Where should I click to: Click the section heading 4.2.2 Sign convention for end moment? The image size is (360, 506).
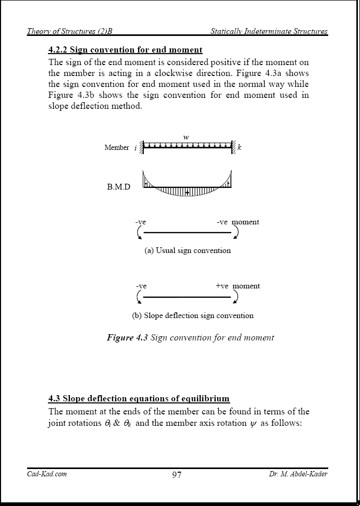pos(125,50)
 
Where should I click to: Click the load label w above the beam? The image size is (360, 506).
pos(186,137)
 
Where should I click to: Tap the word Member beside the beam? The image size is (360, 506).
pos(117,148)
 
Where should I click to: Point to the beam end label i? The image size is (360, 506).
pos(135,148)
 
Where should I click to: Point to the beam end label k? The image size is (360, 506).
pos(239,148)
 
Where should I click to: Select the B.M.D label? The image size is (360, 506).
pos(119,187)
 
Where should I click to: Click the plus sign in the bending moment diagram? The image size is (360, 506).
pos(187,193)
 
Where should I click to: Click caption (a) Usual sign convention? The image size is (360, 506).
pos(188,250)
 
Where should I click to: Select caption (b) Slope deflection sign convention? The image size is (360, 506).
pos(193,315)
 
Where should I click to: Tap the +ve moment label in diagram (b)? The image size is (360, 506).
pos(238,286)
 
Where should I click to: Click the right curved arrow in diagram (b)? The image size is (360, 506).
pos(236,296)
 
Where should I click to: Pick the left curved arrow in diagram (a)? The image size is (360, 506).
pos(140,232)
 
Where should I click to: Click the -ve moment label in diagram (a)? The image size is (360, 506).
pos(238,222)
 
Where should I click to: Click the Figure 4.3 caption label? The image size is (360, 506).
pos(190,337)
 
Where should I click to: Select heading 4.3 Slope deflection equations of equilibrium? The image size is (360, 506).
pos(139,399)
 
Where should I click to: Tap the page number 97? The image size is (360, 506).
pos(177,475)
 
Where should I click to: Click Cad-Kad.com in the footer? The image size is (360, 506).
pos(47,474)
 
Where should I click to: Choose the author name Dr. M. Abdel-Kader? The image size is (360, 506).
pos(298,474)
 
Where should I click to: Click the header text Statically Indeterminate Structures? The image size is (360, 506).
pos(269,31)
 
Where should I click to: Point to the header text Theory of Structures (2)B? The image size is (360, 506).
pos(70,31)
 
